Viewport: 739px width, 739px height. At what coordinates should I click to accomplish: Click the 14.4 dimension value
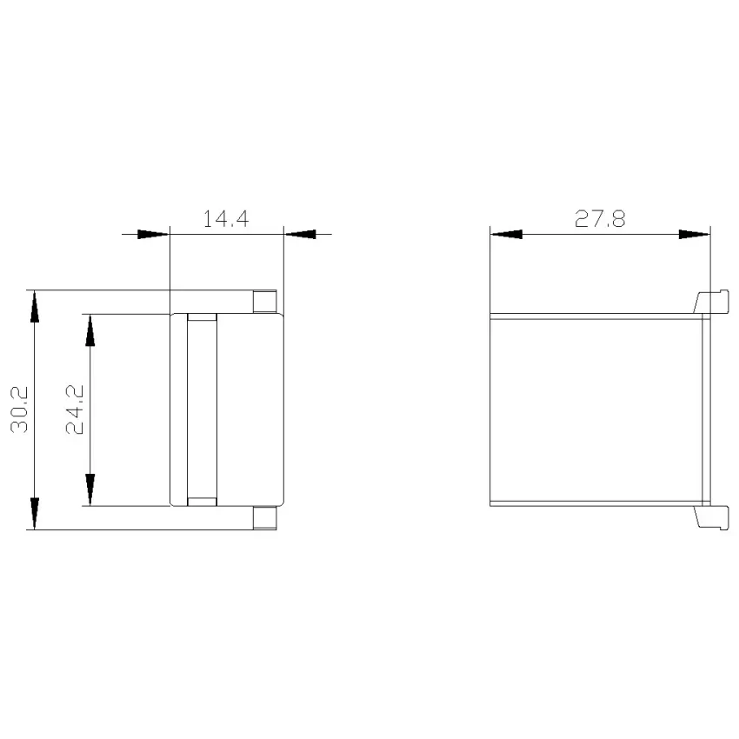(x=226, y=219)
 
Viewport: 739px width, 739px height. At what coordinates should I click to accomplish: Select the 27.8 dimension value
(x=600, y=219)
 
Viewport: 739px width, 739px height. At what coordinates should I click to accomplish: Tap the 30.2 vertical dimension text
(x=20, y=409)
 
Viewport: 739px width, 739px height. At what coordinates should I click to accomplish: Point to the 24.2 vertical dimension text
(x=75, y=409)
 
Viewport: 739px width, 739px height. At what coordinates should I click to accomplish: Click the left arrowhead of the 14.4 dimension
(x=153, y=234)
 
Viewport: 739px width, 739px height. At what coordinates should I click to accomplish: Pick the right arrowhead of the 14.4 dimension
(x=300, y=234)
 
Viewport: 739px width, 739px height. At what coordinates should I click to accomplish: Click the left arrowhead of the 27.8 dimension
(x=507, y=234)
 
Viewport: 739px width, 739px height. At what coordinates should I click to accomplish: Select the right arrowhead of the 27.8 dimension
(x=695, y=234)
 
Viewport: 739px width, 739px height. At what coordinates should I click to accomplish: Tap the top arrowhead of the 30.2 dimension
(x=35, y=306)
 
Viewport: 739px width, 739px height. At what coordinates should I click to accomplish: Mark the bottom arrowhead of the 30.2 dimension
(x=35, y=513)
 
